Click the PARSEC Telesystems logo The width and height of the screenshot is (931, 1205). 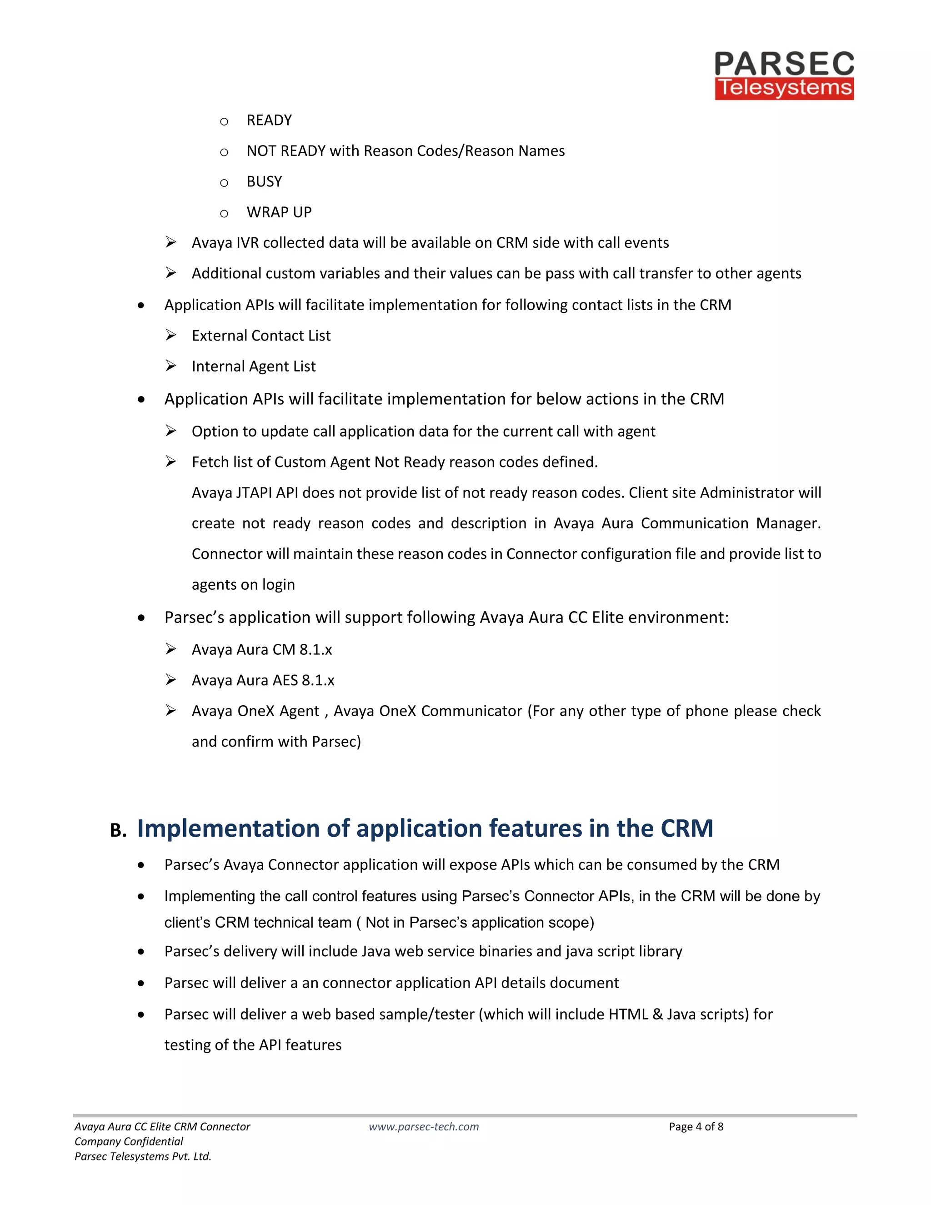(784, 75)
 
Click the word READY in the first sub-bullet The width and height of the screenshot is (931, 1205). (269, 120)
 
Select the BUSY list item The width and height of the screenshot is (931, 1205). (264, 181)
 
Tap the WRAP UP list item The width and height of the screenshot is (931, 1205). (279, 212)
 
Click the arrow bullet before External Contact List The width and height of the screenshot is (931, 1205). (171, 335)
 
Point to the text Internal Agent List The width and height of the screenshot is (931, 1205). (254, 367)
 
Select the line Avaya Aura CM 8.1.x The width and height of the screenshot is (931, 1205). (261, 650)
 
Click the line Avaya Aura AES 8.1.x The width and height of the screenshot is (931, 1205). (263, 680)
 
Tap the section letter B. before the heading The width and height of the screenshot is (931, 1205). (118, 830)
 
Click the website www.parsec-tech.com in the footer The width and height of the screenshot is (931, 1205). (424, 1127)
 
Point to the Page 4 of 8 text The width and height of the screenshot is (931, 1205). (696, 1127)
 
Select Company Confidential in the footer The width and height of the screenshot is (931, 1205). (129, 1141)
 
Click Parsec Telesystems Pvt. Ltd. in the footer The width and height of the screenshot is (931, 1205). (143, 1156)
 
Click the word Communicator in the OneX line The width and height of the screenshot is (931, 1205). (471, 711)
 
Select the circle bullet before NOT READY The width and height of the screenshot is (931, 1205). (224, 152)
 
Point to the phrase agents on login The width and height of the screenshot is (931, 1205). (243, 585)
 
